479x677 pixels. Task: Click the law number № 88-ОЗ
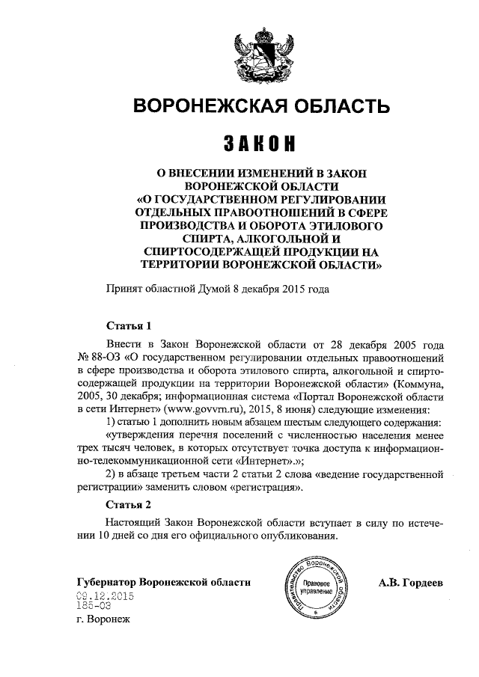click(x=99, y=357)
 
